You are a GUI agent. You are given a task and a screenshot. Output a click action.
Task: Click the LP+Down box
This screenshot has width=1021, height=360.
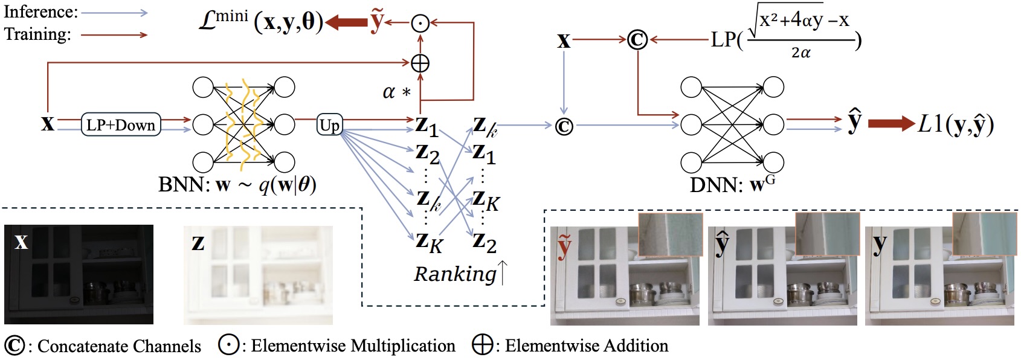121,125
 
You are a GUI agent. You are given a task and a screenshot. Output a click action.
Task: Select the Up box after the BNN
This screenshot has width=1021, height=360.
329,125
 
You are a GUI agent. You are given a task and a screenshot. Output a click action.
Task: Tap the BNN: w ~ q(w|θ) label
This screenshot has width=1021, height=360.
237,184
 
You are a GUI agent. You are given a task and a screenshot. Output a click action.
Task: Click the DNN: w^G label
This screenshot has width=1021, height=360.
732,184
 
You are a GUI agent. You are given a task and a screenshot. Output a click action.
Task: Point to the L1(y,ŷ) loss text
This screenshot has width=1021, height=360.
955,124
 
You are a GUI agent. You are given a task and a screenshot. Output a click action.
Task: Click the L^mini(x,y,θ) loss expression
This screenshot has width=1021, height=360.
261,22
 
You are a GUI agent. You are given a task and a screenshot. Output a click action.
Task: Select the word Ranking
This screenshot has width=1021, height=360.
454,274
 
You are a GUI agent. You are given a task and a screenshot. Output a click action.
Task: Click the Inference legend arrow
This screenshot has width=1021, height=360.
114,13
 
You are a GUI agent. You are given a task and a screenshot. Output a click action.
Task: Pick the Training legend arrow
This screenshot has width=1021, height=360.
114,34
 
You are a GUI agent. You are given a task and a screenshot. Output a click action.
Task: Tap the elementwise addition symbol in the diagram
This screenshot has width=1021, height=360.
420,63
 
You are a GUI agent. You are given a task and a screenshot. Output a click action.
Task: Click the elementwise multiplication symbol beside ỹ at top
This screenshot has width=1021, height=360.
420,23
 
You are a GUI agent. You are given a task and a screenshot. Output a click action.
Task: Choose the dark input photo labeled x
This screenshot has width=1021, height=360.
79,275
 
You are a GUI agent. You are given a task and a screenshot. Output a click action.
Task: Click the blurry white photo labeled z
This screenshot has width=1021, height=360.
258,275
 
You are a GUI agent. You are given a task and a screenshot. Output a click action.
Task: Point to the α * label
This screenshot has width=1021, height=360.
396,92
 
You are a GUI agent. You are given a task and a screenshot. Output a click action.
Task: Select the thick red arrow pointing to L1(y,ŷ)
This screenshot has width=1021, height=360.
891,124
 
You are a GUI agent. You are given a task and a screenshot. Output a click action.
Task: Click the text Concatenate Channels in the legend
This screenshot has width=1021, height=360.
119,346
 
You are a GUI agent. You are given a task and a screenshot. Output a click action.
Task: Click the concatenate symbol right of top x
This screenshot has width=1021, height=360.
637,40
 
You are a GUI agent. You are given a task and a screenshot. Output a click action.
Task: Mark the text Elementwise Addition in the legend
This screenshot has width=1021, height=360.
586,346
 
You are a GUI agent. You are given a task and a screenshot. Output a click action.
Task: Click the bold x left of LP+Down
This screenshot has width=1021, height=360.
48,124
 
